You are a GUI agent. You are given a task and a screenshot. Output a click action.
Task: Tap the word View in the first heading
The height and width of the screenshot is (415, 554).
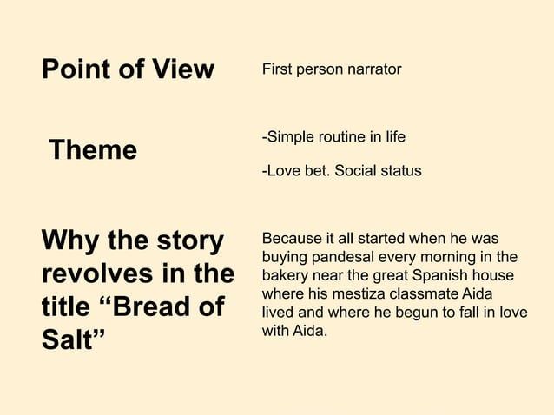(178, 69)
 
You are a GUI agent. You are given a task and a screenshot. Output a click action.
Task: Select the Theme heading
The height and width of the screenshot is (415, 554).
(93, 150)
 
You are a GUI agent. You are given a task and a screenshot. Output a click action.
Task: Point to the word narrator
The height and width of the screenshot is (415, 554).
(374, 69)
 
